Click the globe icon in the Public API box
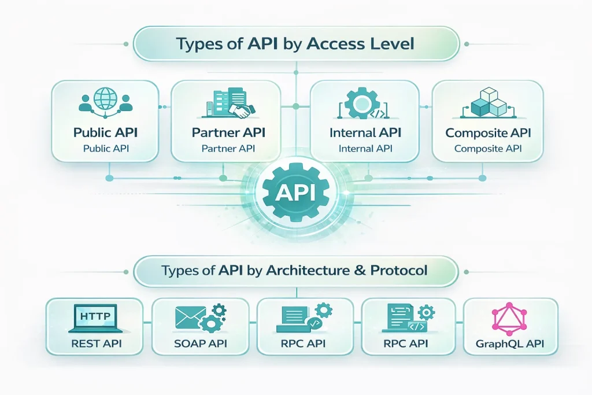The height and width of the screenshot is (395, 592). pyautogui.click(x=105, y=99)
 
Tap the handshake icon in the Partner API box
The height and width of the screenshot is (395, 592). pyautogui.click(x=239, y=108)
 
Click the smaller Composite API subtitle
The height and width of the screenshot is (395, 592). pyautogui.click(x=488, y=149)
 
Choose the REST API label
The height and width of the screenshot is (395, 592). pyautogui.click(x=94, y=345)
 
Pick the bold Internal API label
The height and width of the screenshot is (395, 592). pyautogui.click(x=364, y=132)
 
